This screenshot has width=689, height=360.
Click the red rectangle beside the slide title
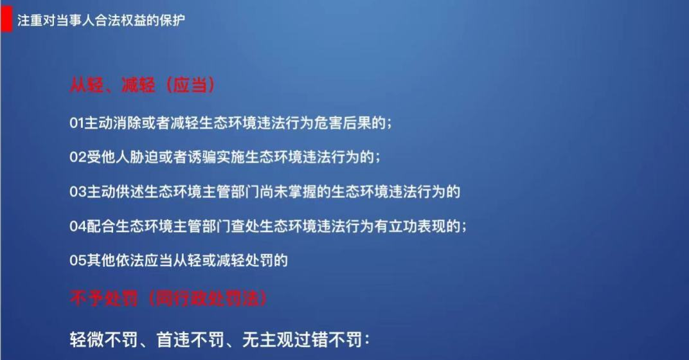coord(6,20)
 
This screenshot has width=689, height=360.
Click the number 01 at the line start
coord(76,123)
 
